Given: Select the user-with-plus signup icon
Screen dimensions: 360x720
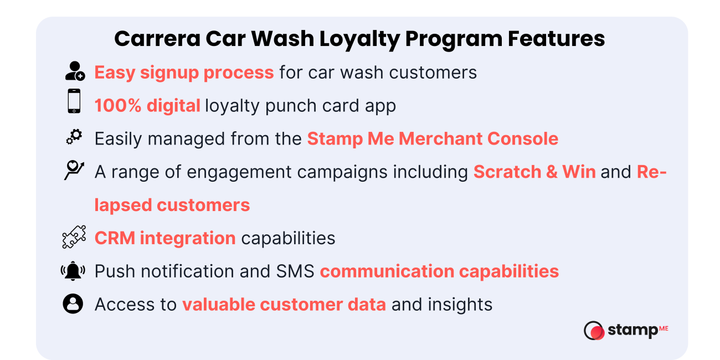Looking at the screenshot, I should (74, 71).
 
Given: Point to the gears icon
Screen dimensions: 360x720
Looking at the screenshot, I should (74, 136).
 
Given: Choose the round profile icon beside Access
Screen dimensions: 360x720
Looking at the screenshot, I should (73, 304).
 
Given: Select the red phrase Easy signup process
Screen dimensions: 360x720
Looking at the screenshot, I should (184, 73).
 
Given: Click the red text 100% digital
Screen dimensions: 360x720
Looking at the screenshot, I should (147, 106).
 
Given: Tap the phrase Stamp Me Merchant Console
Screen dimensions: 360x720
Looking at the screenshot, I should (433, 139).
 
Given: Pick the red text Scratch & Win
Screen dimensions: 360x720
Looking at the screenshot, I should (534, 172).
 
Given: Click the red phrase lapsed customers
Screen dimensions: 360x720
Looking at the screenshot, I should (172, 205).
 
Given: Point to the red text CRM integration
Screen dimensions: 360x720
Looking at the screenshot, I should (165, 238).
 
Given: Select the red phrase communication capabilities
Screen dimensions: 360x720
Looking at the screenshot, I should (439, 271).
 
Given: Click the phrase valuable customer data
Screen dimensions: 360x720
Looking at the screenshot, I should (284, 305).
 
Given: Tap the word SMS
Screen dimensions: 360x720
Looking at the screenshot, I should (295, 271).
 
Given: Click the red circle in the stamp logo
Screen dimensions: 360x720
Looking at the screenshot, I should (596, 332).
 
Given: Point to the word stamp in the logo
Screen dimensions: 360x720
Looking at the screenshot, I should (632, 331).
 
